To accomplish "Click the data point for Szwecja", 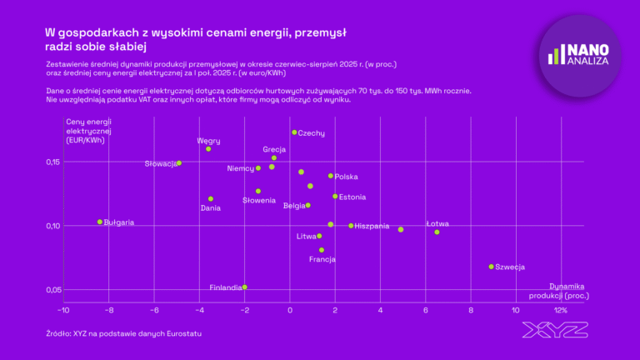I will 491,267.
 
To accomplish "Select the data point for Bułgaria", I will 100,222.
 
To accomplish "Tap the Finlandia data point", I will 244,287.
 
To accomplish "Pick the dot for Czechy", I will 294,132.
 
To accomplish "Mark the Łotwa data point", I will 437,232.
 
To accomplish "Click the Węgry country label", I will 208,141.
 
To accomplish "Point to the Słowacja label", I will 161,163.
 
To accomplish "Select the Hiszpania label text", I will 372,226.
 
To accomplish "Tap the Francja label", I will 322,259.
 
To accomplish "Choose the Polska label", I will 346,177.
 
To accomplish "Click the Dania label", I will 211,207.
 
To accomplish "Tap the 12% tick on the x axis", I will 560,309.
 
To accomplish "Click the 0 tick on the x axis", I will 290,309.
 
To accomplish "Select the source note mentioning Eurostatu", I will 124,333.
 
